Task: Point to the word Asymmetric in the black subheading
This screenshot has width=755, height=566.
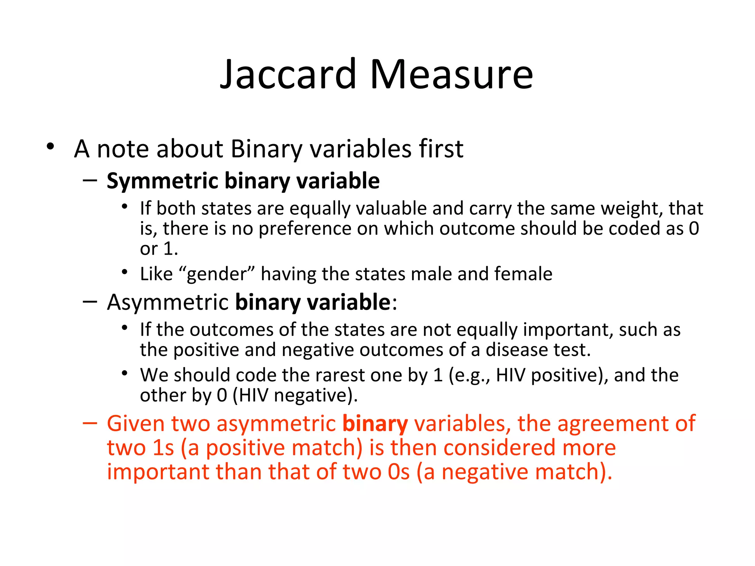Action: [x=168, y=303]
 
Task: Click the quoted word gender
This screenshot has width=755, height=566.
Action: [x=216, y=275]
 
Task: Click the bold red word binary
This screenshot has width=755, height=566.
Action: [x=375, y=424]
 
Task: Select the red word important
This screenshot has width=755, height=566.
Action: [x=158, y=472]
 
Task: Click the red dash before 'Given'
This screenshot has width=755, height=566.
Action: [x=90, y=423]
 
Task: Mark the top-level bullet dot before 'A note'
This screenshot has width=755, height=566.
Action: [x=51, y=147]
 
